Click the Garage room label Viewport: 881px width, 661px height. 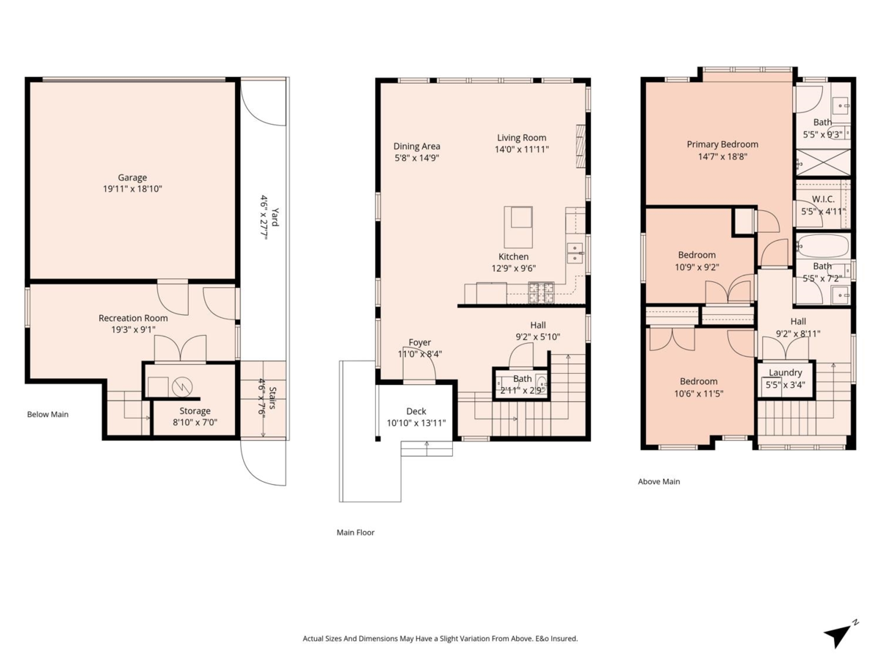click(133, 177)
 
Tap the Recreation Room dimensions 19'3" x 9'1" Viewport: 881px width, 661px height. click(133, 330)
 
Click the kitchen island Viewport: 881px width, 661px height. click(519, 227)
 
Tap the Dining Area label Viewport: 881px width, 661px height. click(416, 146)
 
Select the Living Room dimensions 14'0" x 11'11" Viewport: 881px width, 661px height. click(521, 149)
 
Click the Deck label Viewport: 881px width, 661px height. click(416, 411)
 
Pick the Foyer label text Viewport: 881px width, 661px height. click(419, 342)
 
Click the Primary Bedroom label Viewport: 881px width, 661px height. click(722, 144)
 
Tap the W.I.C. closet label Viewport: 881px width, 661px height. click(823, 200)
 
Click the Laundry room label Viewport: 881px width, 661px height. click(785, 372)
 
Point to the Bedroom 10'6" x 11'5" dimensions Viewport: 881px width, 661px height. click(698, 393)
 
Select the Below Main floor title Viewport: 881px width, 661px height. click(48, 414)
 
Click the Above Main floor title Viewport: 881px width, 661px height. click(659, 482)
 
